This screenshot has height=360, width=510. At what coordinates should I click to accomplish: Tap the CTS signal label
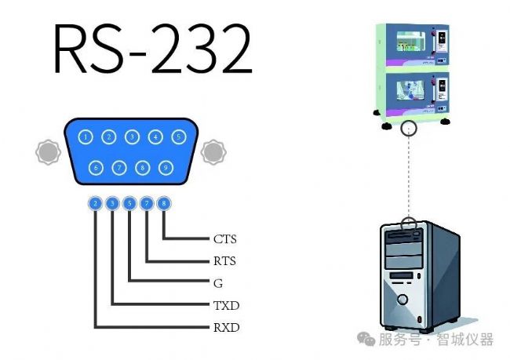pyautogui.click(x=224, y=238)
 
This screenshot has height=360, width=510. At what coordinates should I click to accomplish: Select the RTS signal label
pyautogui.click(x=224, y=261)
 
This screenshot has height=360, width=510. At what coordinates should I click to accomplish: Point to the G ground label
pyautogui.click(x=217, y=283)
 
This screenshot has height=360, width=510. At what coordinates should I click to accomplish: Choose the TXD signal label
pyautogui.click(x=226, y=305)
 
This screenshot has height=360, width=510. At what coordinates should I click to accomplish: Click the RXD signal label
pyautogui.click(x=226, y=327)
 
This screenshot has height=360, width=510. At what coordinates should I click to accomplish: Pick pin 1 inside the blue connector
pyautogui.click(x=86, y=137)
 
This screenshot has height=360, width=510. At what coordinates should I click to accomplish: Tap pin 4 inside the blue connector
pyautogui.click(x=156, y=137)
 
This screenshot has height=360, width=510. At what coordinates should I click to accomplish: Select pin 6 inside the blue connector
pyautogui.click(x=96, y=167)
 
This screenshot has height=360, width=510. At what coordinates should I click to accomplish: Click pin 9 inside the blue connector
pyautogui.click(x=165, y=167)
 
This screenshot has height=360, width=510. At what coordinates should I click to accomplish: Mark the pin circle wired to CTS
pyautogui.click(x=163, y=204)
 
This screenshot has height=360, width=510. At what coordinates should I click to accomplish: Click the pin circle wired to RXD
pyautogui.click(x=95, y=204)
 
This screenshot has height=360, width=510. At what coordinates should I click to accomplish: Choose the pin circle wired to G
pyautogui.click(x=129, y=204)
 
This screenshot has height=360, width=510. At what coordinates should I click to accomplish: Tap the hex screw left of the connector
pyautogui.click(x=48, y=151)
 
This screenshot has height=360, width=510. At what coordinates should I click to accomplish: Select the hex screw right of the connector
pyautogui.click(x=212, y=151)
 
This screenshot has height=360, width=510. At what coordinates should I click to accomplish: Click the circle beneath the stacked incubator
pyautogui.click(x=407, y=129)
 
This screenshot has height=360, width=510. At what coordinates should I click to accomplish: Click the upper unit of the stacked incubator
pyautogui.click(x=413, y=45)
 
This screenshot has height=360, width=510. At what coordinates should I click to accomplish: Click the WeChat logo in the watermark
pyautogui.click(x=365, y=339)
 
